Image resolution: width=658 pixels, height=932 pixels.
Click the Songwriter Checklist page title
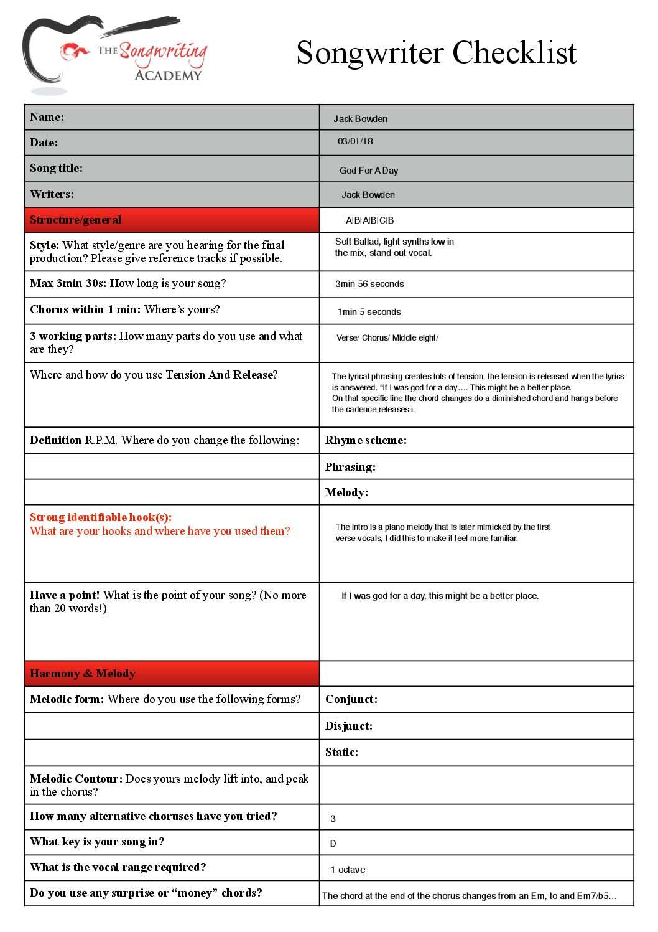coord(436,52)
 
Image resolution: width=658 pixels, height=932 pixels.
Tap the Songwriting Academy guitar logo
coord(115,53)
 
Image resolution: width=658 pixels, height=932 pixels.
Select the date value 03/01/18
coord(355,141)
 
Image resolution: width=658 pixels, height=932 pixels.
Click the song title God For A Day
coord(368,170)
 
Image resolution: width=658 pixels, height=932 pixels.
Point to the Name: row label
coord(47,117)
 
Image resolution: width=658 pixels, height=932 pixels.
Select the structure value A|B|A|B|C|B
coord(369,220)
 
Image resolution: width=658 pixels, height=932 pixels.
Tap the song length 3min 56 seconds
coord(369,284)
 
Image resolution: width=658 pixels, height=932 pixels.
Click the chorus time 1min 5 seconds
coord(369,311)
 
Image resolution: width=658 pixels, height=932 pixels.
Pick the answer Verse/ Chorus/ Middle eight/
coord(387,337)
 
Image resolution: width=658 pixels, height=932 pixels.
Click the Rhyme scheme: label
coord(366,440)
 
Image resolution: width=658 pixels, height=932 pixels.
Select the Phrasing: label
coord(350,467)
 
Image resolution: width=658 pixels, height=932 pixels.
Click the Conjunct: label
coord(351,699)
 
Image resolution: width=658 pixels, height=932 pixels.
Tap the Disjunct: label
coord(349,726)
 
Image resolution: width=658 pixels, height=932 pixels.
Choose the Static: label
coord(341,752)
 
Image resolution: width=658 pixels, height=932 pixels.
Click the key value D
coord(333,844)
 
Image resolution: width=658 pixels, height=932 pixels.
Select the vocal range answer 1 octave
coord(348,869)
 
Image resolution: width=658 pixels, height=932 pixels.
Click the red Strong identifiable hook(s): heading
coord(101,517)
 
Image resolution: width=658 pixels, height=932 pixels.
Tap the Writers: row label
coord(52,194)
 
